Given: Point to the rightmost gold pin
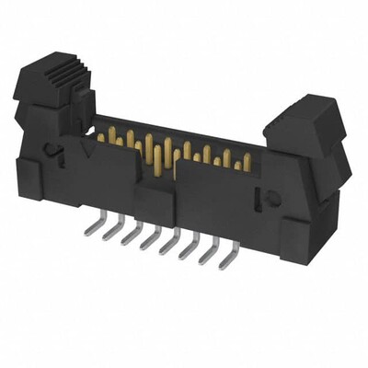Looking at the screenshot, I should pos(247,162).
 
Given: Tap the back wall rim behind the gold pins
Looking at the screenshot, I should pos(175,128).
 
